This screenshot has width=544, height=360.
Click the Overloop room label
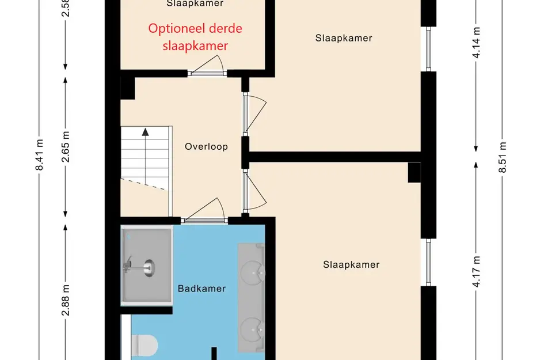pos(206,146)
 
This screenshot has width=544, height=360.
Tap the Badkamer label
pos(201,289)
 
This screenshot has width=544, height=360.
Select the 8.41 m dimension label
pos(39,156)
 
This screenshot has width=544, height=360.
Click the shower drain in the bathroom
pos(149,267)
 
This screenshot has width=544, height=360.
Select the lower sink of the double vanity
pos(252,331)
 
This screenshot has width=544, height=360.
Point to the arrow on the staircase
pos(146,131)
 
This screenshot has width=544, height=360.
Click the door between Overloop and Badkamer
pos(204,219)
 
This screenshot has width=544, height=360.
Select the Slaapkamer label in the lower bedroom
pos(351,265)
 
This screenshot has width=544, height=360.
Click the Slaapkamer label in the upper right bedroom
pos(344,38)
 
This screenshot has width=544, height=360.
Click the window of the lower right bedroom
pos(428,262)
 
